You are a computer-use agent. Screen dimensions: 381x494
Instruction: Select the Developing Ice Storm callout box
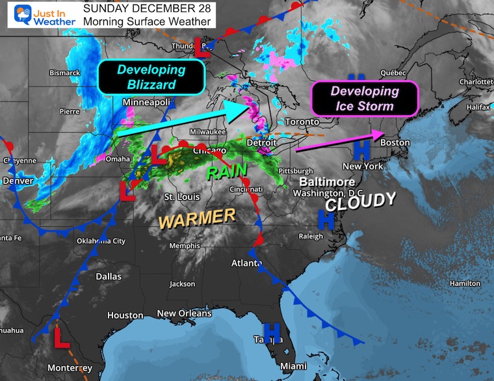tap(364, 99)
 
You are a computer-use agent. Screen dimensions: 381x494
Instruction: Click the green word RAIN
tap(227, 171)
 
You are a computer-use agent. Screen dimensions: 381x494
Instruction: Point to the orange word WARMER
tap(197, 219)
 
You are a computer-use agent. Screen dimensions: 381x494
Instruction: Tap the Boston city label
tap(395, 142)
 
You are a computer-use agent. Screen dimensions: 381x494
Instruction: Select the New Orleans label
tap(185, 313)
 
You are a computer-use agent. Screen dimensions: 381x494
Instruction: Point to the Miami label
tap(293, 366)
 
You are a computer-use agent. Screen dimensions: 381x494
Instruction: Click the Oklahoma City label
tap(101, 241)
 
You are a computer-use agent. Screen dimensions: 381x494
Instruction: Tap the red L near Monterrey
tap(61, 337)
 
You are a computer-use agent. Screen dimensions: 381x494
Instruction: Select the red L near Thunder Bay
tap(203, 46)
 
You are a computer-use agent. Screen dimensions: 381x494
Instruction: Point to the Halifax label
tap(478, 107)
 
